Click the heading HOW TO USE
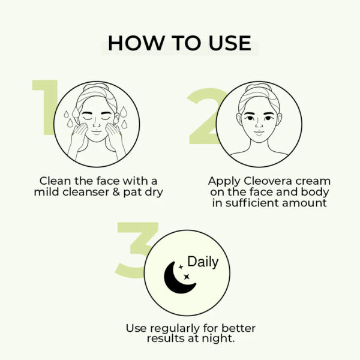[179, 43]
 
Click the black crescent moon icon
[179, 278]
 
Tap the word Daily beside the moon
[203, 262]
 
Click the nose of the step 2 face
[259, 125]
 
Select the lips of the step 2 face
[259, 136]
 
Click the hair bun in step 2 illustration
[259, 88]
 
